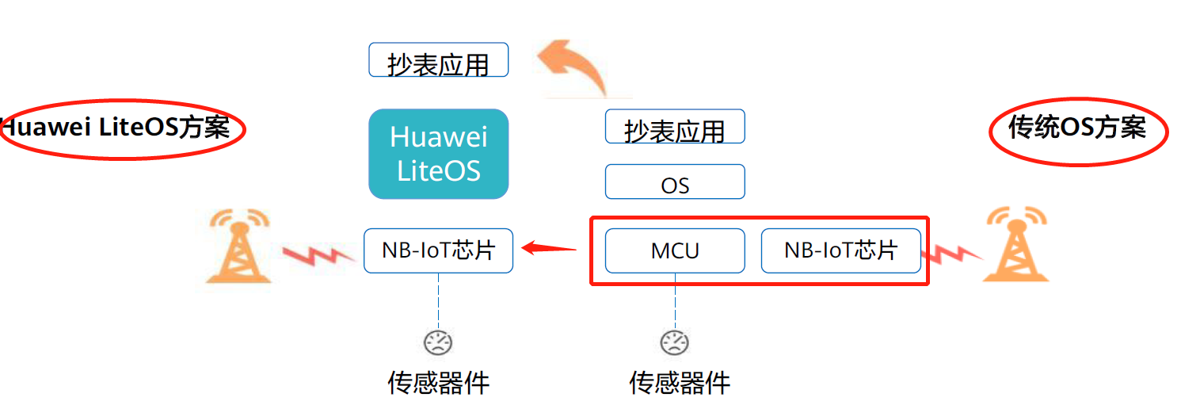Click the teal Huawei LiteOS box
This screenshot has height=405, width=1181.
click(438, 154)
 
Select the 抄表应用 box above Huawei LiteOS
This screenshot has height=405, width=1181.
click(438, 60)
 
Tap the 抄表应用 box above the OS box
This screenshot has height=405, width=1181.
click(675, 127)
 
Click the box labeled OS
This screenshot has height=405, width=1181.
click(675, 182)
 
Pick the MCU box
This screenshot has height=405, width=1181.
click(675, 250)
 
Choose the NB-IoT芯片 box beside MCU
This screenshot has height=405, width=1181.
click(840, 250)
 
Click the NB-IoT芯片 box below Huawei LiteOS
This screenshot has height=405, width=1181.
click(438, 250)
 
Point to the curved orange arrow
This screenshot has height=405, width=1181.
click(574, 67)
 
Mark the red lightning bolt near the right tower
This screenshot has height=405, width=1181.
click(951, 254)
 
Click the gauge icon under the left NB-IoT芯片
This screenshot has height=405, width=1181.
click(438, 342)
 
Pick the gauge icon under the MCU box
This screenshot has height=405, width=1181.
click(675, 342)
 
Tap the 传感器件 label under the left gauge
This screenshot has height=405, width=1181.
click(438, 383)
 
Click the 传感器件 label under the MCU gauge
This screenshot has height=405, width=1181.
click(680, 383)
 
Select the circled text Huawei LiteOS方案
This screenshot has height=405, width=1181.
click(119, 128)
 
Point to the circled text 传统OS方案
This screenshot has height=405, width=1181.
click(1077, 128)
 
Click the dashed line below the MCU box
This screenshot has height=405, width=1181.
click(675, 301)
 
